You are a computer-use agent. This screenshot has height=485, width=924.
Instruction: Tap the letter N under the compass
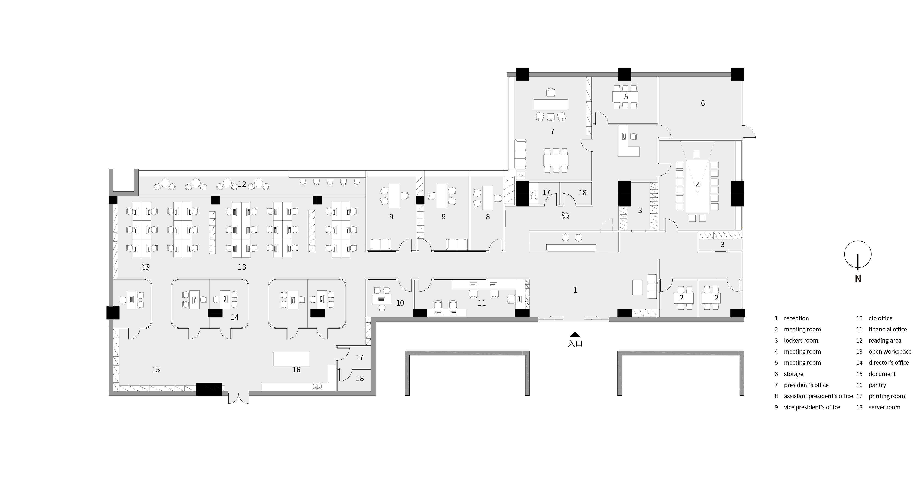[858, 278]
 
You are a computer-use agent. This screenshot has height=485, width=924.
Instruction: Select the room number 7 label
[552, 132]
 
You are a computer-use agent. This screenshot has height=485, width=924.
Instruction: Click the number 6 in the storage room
[703, 103]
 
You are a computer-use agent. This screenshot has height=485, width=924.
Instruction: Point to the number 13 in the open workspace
[242, 267]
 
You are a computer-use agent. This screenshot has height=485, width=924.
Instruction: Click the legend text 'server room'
[884, 407]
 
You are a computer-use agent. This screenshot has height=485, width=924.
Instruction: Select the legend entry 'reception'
[796, 318]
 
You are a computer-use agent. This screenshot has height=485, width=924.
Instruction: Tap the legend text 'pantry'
[877, 385]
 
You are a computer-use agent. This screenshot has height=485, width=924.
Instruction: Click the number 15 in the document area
[156, 370]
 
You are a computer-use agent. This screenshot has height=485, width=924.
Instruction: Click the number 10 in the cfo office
[400, 303]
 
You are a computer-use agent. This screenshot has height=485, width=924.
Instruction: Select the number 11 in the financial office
[481, 303]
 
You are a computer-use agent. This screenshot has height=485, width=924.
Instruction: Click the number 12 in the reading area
[242, 184]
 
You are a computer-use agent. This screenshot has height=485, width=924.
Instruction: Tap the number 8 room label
[488, 217]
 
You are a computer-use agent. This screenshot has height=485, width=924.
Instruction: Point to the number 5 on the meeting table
[626, 97]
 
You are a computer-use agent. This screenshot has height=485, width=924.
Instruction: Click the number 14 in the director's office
[235, 317]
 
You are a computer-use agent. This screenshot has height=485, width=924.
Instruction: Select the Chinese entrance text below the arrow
[575, 343]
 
